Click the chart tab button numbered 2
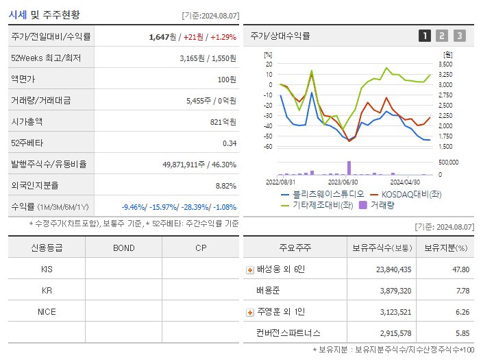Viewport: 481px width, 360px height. [442, 36]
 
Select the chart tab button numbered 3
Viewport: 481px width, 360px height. [459, 36]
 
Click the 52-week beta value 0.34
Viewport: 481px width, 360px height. [230, 143]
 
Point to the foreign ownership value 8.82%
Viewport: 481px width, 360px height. [225, 186]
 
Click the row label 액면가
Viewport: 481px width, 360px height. [23, 80]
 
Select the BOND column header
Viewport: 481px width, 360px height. [123, 248]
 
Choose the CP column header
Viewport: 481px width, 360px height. [200, 248]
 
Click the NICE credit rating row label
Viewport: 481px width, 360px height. [47, 312]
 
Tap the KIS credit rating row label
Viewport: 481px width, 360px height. [47, 269]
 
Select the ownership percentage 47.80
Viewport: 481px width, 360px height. [460, 269]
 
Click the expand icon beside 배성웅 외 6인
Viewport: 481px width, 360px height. [250, 270]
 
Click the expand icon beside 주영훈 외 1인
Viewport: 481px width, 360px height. [250, 313]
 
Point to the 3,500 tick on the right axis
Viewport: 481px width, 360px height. [445, 64]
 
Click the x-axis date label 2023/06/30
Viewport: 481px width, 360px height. [343, 182]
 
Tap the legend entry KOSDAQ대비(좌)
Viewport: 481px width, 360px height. [400, 194]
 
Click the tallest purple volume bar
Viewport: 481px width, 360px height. [349, 168]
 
